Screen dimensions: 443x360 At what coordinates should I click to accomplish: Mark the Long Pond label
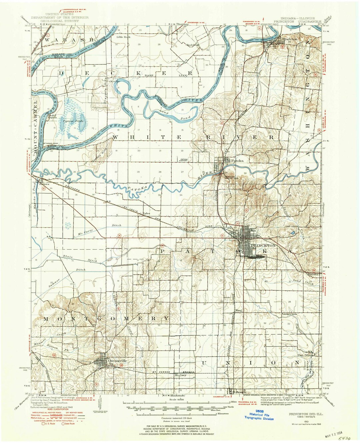tap(174, 114)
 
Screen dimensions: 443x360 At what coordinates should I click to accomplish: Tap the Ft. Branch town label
tap(238, 392)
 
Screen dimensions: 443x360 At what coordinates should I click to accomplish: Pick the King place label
tap(238, 310)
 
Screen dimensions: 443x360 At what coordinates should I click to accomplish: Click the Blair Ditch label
tap(80, 258)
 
